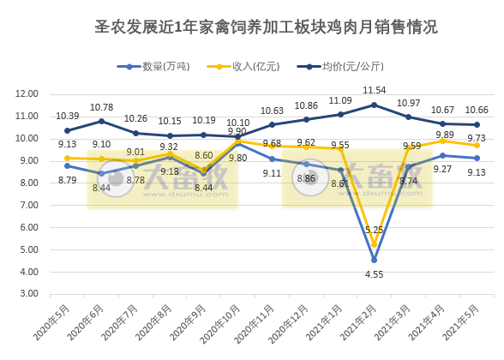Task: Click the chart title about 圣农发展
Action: click(265, 27)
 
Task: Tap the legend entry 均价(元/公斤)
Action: click(344, 66)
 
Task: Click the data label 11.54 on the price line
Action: click(374, 90)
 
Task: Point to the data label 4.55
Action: click(374, 275)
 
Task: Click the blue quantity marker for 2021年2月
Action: click(374, 260)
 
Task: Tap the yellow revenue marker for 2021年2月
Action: click(374, 244)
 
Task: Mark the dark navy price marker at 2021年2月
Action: click(374, 105)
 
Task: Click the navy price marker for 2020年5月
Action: click(67, 130)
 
